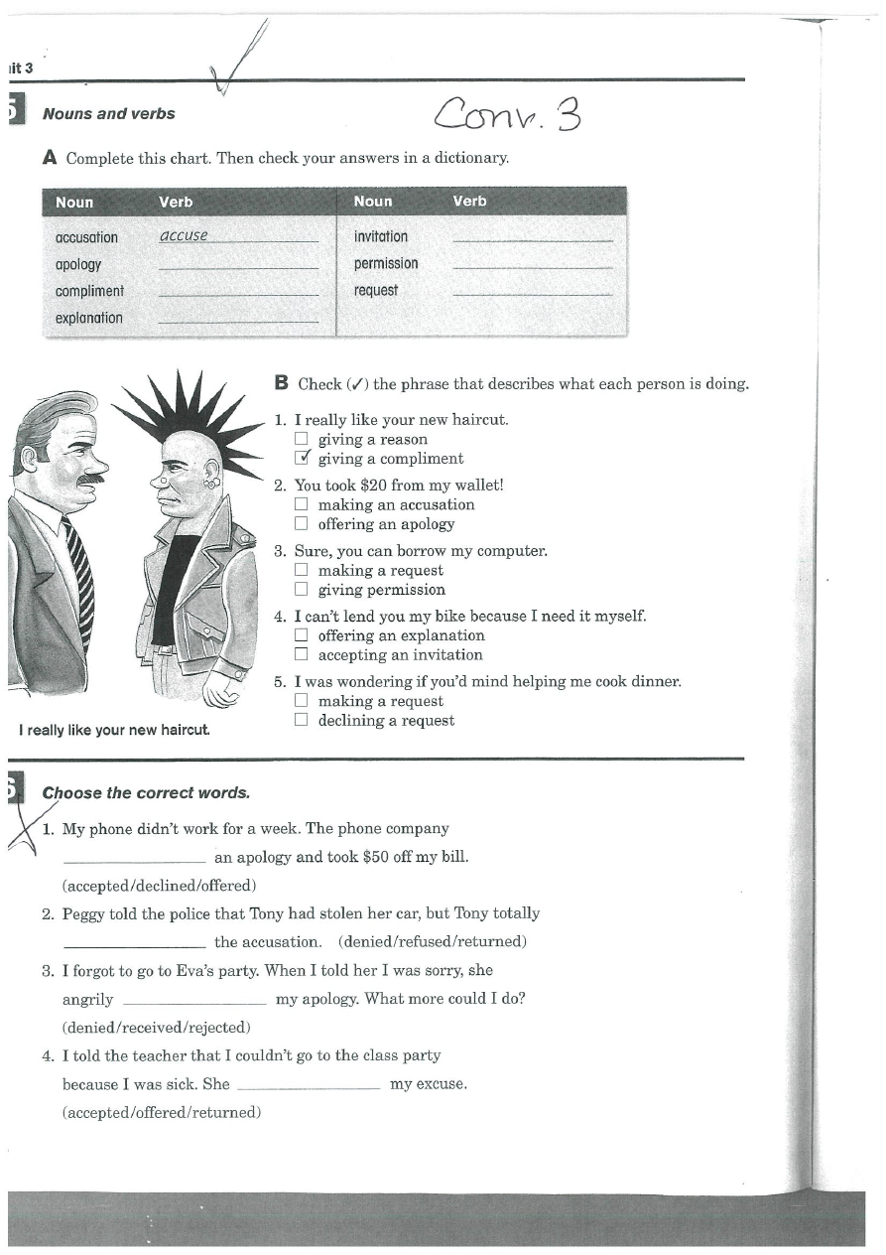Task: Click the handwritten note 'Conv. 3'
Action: (x=506, y=116)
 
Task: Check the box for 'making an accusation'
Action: (x=301, y=504)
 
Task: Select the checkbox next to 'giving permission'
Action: (x=301, y=590)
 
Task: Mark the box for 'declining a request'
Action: (x=301, y=721)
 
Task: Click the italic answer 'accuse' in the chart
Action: (x=184, y=236)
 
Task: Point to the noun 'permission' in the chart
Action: (x=386, y=264)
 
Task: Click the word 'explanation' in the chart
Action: (x=89, y=319)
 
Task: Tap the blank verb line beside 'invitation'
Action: (x=532, y=238)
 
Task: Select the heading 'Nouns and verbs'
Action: (x=108, y=114)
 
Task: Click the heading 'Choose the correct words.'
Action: (x=146, y=793)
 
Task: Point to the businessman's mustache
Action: (x=88, y=479)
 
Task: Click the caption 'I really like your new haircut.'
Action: (x=114, y=731)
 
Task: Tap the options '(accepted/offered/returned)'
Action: (x=162, y=1113)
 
